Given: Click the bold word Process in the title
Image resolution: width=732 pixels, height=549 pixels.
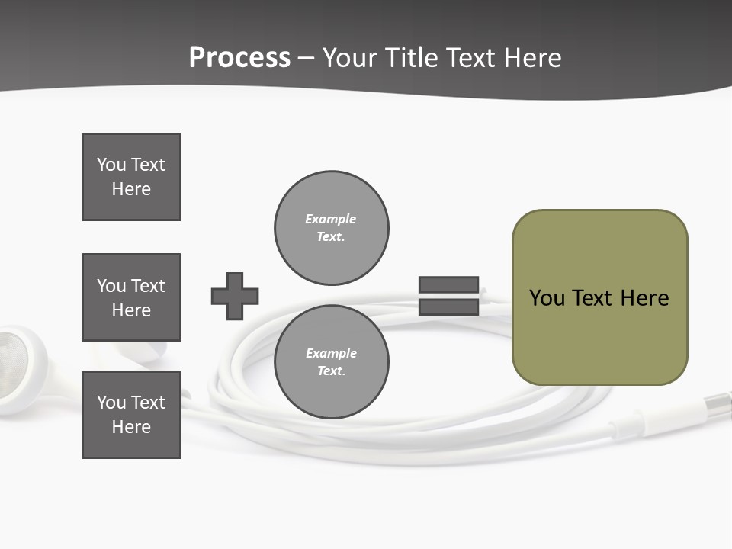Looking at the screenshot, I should click(x=239, y=58).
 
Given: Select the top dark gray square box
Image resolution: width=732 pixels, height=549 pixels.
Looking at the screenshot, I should click(x=131, y=177).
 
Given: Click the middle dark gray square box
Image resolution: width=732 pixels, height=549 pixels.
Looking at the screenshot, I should click(x=131, y=297).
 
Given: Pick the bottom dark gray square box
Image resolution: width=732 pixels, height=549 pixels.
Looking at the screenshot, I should click(x=131, y=415).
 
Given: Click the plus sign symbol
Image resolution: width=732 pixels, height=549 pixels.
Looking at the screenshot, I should click(x=235, y=296).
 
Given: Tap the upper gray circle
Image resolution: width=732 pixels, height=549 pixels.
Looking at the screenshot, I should click(x=331, y=228).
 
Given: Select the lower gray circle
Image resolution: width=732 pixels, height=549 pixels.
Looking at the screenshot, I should click(x=331, y=361).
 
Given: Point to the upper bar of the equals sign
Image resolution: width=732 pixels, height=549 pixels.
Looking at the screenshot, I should click(x=448, y=285).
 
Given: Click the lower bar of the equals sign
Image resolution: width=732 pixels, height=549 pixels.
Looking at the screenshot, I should click(x=448, y=307).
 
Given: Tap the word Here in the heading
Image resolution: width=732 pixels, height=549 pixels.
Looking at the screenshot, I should click(x=528, y=58).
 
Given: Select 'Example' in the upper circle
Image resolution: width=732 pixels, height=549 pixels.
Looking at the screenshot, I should click(x=330, y=219).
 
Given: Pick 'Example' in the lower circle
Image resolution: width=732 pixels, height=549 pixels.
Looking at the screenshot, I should click(x=331, y=353).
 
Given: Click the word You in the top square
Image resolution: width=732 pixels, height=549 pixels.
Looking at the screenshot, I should click(x=111, y=165).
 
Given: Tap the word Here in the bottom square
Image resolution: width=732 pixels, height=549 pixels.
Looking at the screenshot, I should click(x=131, y=427).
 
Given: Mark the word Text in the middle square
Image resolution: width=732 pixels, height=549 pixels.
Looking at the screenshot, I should click(x=147, y=286).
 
